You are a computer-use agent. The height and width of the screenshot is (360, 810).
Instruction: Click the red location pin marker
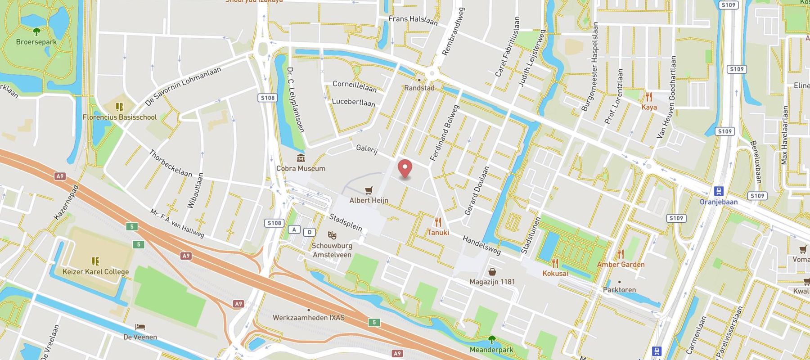405,168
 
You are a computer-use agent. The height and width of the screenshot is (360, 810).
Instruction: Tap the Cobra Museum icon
301,158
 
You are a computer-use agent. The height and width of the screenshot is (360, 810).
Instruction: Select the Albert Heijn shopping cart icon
369,190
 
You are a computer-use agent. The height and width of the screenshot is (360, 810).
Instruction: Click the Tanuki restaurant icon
438,222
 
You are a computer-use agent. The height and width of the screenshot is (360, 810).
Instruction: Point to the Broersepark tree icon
36,31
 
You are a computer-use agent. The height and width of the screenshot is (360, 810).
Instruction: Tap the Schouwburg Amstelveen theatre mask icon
332,235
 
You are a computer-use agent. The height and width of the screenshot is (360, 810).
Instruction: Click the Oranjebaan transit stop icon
718,191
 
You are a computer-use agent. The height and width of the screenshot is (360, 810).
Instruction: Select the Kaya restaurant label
649,107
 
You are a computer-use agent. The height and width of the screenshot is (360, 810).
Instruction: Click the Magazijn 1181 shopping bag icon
492,272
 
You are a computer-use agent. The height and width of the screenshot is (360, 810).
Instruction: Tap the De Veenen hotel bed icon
140,327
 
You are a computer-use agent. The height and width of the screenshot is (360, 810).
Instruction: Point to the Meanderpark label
491,350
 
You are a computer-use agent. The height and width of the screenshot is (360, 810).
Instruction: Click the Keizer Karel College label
95,272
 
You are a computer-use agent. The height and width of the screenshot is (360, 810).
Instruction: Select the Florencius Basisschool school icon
119,107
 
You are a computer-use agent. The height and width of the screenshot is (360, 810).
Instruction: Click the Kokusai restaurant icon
555,263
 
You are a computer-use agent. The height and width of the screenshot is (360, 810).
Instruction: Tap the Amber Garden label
621,265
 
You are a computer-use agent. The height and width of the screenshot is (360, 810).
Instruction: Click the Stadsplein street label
345,223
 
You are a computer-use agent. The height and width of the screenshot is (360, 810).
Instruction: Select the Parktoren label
619,290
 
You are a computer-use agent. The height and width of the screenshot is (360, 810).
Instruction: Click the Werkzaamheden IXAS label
309,318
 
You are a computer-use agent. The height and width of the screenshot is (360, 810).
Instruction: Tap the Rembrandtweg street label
453,31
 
